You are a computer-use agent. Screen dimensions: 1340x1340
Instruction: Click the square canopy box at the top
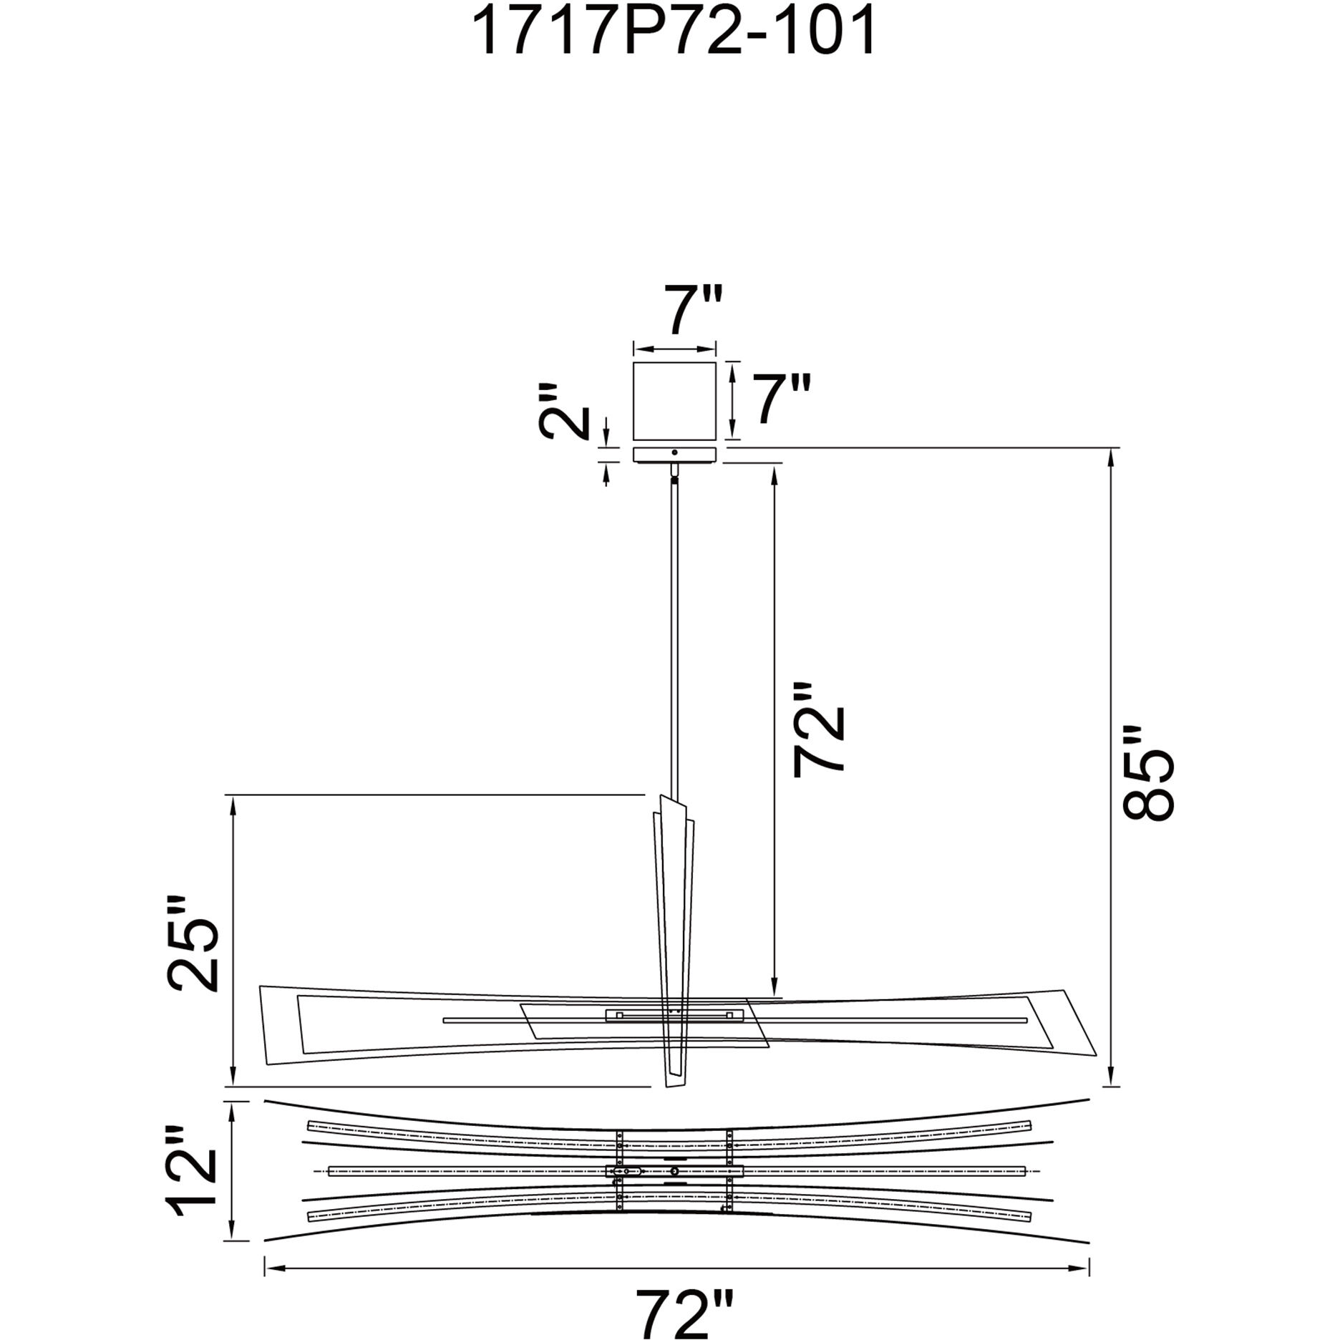click(x=674, y=401)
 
